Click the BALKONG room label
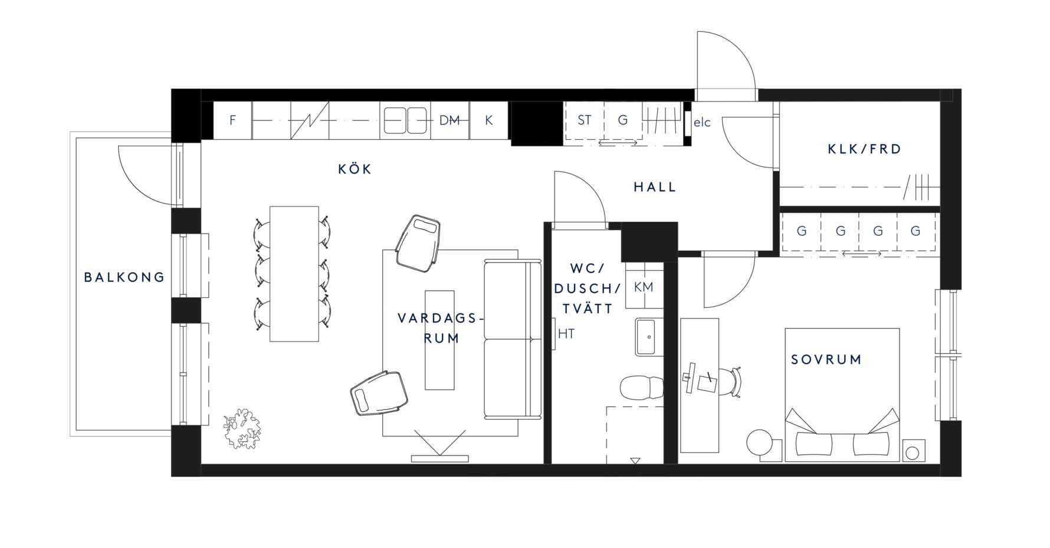tap(124, 277)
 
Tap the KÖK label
tap(355, 169)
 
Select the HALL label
tap(655, 187)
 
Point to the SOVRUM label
tap(826, 359)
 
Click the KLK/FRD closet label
tap(865, 149)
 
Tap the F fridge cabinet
tap(232, 120)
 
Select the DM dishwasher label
tap(449, 120)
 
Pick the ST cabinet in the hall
tap(585, 120)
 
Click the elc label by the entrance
tap(702, 123)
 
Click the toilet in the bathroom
tap(642, 388)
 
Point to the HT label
tap(566, 334)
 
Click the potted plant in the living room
tap(242, 429)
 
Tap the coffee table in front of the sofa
tap(440, 340)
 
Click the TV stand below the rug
tap(440, 458)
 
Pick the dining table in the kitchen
tap(294, 274)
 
